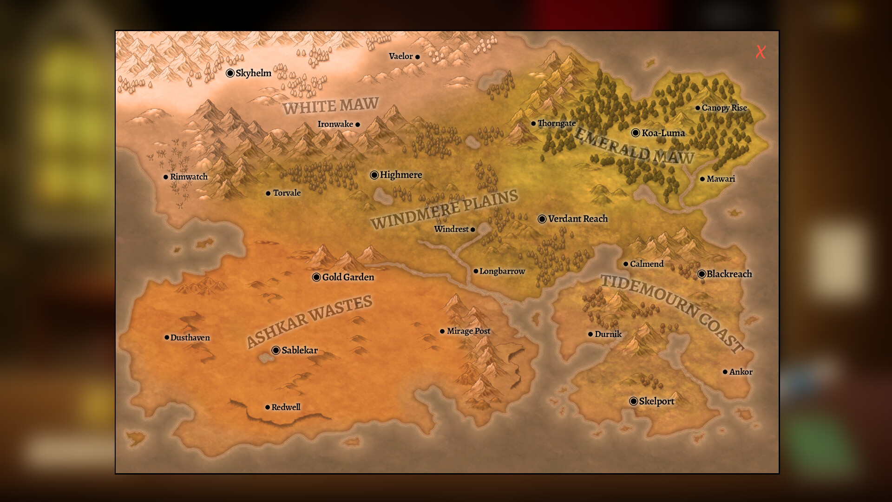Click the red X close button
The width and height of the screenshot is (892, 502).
[761, 52]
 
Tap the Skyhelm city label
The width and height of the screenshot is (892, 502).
[253, 73]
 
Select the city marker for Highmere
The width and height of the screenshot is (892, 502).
[374, 175]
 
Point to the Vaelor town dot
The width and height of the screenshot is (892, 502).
[417, 57]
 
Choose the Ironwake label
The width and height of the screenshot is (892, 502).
[335, 124]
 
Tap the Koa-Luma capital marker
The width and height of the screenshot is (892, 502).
[636, 133]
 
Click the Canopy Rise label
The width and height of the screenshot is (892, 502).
[724, 108]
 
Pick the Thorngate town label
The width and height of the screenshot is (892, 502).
[557, 123]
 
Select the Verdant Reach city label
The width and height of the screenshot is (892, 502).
[577, 218]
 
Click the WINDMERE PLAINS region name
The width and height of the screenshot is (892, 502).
[444, 209]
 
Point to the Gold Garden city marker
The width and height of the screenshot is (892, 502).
[316, 277]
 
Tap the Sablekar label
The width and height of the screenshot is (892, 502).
[300, 350]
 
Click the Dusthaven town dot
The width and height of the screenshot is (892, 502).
[167, 337]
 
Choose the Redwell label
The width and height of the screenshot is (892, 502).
[286, 407]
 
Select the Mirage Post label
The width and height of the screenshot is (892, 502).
[468, 331]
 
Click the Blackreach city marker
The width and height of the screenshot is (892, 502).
[702, 274]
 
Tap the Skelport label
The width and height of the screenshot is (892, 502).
[656, 401]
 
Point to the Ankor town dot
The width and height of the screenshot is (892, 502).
[725, 372]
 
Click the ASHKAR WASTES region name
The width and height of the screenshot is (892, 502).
[309, 321]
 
